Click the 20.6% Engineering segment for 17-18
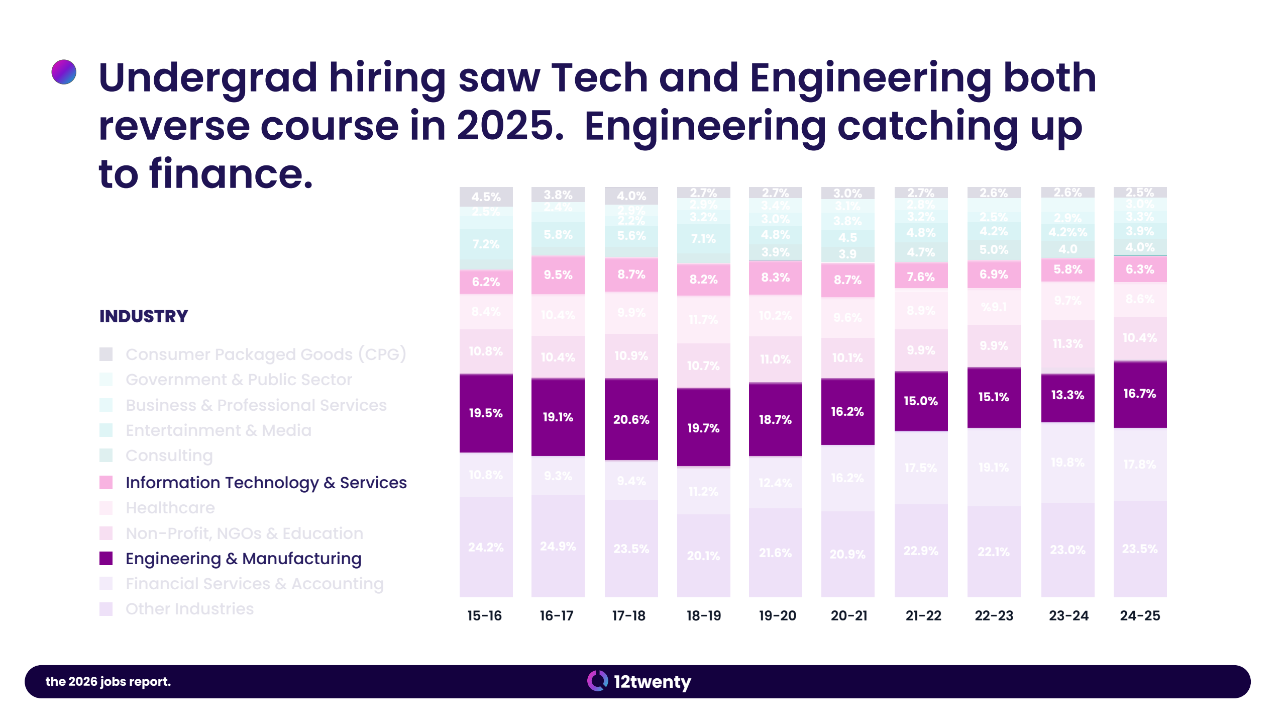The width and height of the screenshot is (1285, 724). (x=631, y=419)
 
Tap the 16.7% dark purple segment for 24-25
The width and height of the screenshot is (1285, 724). (x=1139, y=394)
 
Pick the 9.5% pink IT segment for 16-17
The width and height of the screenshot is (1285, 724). (x=558, y=275)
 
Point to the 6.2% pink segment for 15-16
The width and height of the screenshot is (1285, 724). (x=486, y=282)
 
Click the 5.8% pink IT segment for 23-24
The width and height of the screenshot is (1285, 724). (x=1067, y=270)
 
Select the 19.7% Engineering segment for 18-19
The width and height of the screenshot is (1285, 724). (x=703, y=427)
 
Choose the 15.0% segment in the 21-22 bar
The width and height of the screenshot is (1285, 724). (x=920, y=401)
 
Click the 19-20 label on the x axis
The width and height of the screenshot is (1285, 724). (x=777, y=615)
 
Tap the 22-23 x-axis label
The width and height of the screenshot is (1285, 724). (x=994, y=615)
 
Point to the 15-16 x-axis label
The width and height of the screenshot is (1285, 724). (x=484, y=615)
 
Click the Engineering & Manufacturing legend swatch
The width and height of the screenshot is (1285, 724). (x=106, y=559)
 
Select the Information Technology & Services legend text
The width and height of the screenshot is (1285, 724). (x=266, y=483)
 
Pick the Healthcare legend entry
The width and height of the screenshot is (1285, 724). (x=170, y=508)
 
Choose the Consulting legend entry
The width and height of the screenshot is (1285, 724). (x=169, y=456)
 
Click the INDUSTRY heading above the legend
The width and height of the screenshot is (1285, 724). (x=144, y=316)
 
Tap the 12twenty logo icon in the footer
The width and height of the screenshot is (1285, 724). (x=597, y=681)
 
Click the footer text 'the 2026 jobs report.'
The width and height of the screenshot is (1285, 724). (x=108, y=681)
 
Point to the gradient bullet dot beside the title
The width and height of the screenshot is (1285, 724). (x=64, y=72)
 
